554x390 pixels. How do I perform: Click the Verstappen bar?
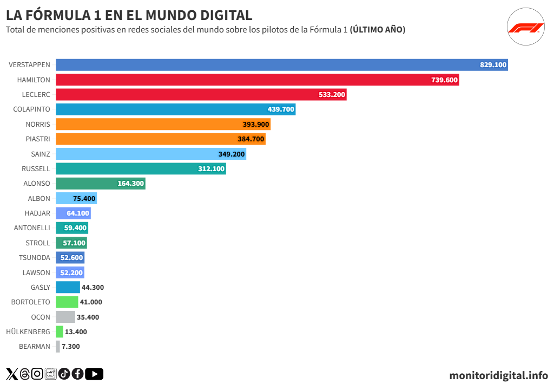click(281, 65)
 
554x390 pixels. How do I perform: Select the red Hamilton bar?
click(257, 80)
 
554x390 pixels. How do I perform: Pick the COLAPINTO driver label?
click(31, 109)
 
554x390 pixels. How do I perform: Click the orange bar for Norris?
click(162, 124)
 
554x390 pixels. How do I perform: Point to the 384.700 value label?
click(251, 139)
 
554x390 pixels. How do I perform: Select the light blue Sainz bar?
click(150, 154)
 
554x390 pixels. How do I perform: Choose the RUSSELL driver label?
click(36, 168)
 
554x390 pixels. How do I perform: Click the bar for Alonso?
click(100, 184)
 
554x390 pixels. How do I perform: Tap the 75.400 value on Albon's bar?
click(84, 199)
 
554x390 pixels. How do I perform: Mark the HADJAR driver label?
click(37, 213)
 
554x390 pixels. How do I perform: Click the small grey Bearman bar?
click(58, 346)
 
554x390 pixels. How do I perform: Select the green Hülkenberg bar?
click(60, 331)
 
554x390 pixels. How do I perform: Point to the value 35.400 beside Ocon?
click(88, 317)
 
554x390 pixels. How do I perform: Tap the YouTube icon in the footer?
click(94, 374)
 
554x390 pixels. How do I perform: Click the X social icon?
click(12, 374)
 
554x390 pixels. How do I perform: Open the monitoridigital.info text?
click(498, 375)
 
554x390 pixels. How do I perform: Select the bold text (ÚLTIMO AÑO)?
click(378, 30)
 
